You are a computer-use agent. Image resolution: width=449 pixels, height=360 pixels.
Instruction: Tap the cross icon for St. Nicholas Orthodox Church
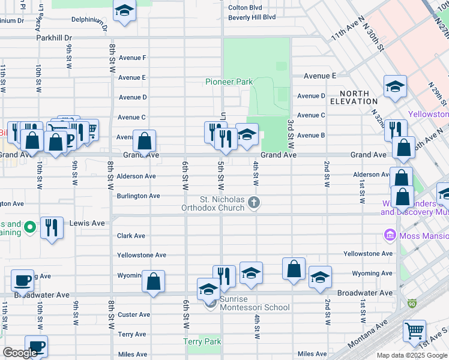pyautogui.click(x=254, y=202)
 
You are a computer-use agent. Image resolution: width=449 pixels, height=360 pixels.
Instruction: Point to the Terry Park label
pyautogui.click(x=202, y=341)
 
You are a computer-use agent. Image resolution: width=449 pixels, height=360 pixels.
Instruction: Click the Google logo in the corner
pyautogui.click(x=20, y=352)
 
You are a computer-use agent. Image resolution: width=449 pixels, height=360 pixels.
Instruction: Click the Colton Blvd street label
pyautogui.click(x=246, y=8)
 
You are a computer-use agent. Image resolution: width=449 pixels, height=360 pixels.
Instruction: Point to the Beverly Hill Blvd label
pyautogui.click(x=252, y=17)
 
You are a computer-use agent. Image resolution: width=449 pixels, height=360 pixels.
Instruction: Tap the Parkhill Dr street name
pyautogui.click(x=53, y=38)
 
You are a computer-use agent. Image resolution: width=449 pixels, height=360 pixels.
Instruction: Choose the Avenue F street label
pyautogui.click(x=132, y=58)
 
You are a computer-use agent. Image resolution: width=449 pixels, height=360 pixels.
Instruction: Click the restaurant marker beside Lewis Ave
pyautogui.click(x=52, y=228)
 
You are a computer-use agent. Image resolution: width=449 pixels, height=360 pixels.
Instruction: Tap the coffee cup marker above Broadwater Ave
pyautogui.click(x=23, y=280)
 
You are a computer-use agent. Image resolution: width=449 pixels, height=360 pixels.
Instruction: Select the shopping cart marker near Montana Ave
pyautogui.click(x=414, y=330)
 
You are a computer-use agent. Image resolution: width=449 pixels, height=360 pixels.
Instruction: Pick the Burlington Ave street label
pyautogui.click(x=138, y=196)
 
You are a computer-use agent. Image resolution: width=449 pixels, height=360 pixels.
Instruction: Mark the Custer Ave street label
pyautogui.click(x=133, y=314)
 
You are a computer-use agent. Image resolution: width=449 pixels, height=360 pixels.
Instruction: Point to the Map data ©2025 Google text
pyautogui.click(x=411, y=355)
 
